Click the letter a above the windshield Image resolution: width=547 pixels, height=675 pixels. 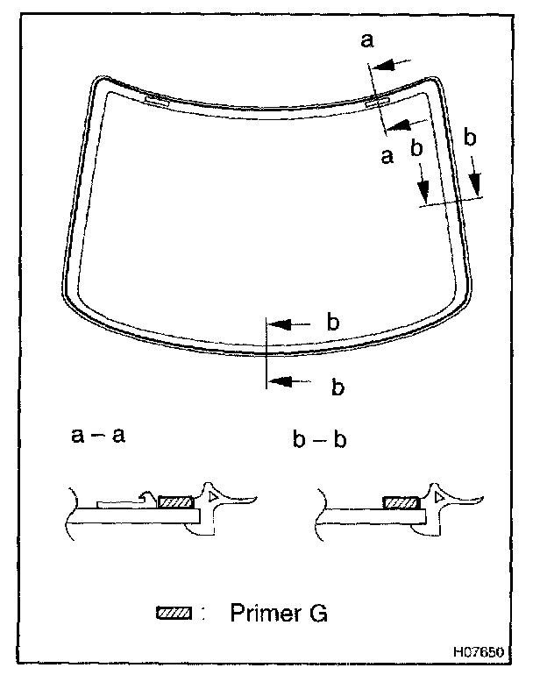(367, 40)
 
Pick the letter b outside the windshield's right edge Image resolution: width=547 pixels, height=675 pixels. (470, 137)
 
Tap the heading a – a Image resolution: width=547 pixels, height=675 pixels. (99, 435)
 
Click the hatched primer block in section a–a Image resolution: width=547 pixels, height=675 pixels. (176, 502)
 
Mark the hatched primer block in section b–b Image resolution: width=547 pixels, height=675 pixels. (403, 503)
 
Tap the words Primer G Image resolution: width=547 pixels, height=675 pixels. (279, 613)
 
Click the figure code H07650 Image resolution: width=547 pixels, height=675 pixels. (480, 653)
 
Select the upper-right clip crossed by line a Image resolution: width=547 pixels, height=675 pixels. (377, 103)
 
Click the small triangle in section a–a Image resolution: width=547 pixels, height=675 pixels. (217, 497)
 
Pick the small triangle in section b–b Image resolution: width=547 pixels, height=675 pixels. (439, 499)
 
